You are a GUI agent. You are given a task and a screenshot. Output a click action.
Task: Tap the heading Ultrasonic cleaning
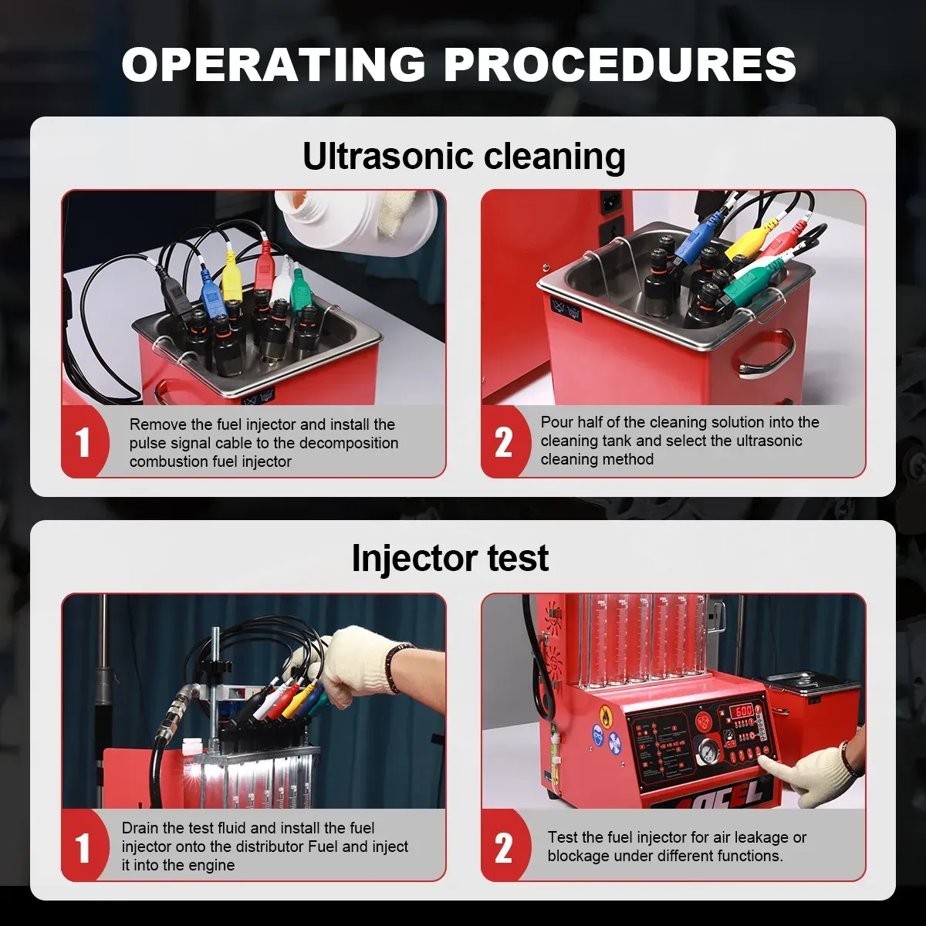coord(463,156)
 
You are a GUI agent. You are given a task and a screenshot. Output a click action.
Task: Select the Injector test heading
coord(450,558)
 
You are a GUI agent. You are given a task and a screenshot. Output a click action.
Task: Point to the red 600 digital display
coord(742,711)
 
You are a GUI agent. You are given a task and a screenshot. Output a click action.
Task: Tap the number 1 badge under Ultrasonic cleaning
coord(83,443)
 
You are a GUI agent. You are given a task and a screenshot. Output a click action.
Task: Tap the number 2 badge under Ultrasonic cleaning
coord(503,442)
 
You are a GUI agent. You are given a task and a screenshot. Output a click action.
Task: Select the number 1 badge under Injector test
coord(83,847)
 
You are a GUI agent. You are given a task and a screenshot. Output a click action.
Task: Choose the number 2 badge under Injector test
coord(503,847)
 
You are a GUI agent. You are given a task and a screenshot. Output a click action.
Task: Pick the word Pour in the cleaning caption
coord(556,422)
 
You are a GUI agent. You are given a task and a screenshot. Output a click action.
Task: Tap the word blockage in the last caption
coord(580,856)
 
